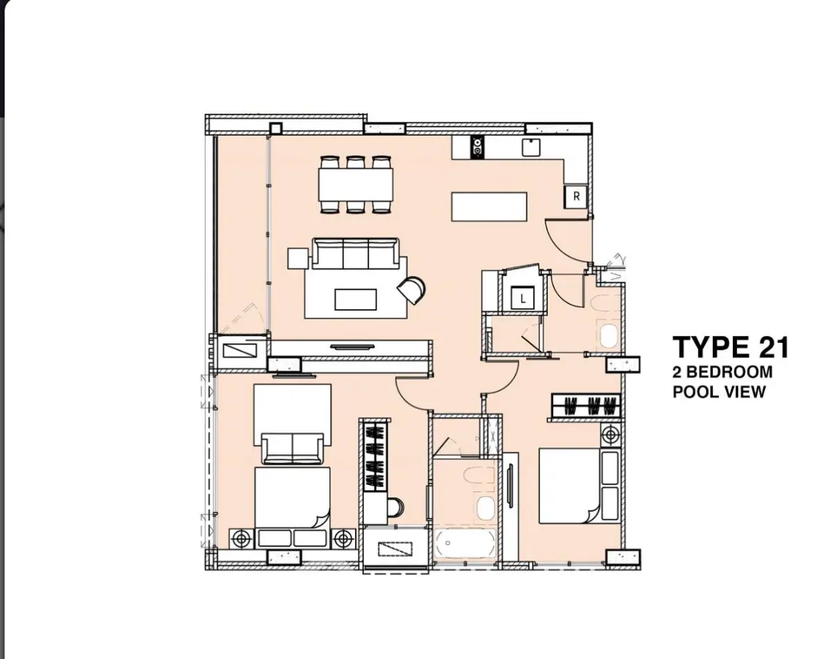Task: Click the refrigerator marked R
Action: pyautogui.click(x=575, y=197)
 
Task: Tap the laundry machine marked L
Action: pyautogui.click(x=523, y=298)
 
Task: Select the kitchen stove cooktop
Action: pyautogui.click(x=478, y=148)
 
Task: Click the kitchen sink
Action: pyautogui.click(x=531, y=148)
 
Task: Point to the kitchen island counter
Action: pyautogui.click(x=489, y=207)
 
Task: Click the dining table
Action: pyautogui.click(x=356, y=184)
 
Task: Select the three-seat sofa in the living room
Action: pyautogui.click(x=356, y=254)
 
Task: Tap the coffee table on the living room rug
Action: pyautogui.click(x=356, y=299)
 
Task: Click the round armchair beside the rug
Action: pyautogui.click(x=411, y=290)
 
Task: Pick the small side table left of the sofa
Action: pyautogui.click(x=298, y=258)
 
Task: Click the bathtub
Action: pyautogui.click(x=465, y=543)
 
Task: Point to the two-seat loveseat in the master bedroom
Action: pyautogui.click(x=293, y=448)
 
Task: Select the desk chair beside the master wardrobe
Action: pyautogui.click(x=395, y=507)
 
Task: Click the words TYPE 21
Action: pyautogui.click(x=730, y=347)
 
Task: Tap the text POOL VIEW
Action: pyautogui.click(x=719, y=392)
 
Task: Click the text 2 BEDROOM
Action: pyautogui.click(x=722, y=372)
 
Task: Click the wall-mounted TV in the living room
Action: pyautogui.click(x=352, y=347)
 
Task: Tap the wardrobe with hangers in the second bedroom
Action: pyautogui.click(x=586, y=405)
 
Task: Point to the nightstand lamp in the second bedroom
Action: pyautogui.click(x=611, y=435)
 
